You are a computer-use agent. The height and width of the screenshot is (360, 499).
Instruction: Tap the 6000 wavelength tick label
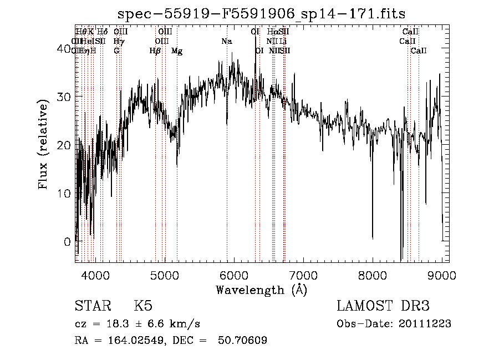click(x=234, y=275)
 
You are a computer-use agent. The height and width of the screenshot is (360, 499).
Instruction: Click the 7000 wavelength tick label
click(x=303, y=275)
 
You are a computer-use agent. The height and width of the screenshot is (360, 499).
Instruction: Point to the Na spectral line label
click(x=226, y=42)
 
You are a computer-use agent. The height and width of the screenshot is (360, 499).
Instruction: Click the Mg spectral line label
click(x=177, y=51)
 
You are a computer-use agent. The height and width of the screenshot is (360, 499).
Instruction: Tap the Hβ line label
click(x=155, y=51)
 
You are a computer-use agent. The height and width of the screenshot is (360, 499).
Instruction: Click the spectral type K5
click(x=143, y=306)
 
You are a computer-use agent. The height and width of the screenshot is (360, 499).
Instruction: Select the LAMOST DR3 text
click(x=383, y=306)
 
